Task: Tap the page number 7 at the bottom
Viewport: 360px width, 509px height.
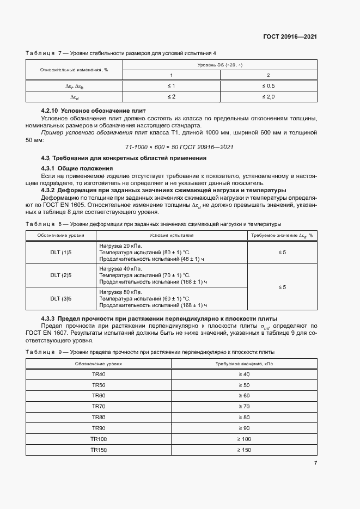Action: click(x=315, y=463)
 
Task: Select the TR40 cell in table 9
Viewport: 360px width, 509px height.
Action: click(x=99, y=374)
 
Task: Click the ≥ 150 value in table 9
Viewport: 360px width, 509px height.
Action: click(x=243, y=450)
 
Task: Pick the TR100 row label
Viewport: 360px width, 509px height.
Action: click(x=99, y=439)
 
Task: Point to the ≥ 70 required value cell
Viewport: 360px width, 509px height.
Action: click(x=243, y=406)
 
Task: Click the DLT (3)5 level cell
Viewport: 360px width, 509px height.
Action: click(x=61, y=298)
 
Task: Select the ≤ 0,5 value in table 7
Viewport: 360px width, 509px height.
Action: click(x=269, y=86)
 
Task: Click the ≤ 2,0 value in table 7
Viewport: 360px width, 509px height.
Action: click(x=269, y=96)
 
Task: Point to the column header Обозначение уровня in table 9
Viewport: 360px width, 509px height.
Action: click(x=99, y=363)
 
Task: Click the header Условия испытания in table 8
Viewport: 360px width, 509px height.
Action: click(x=172, y=235)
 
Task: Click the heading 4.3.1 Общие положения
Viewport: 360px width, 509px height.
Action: click(x=74, y=168)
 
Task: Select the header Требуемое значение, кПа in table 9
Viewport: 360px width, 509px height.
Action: click(x=243, y=363)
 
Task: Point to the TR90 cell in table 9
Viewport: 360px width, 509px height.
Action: click(x=99, y=428)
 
